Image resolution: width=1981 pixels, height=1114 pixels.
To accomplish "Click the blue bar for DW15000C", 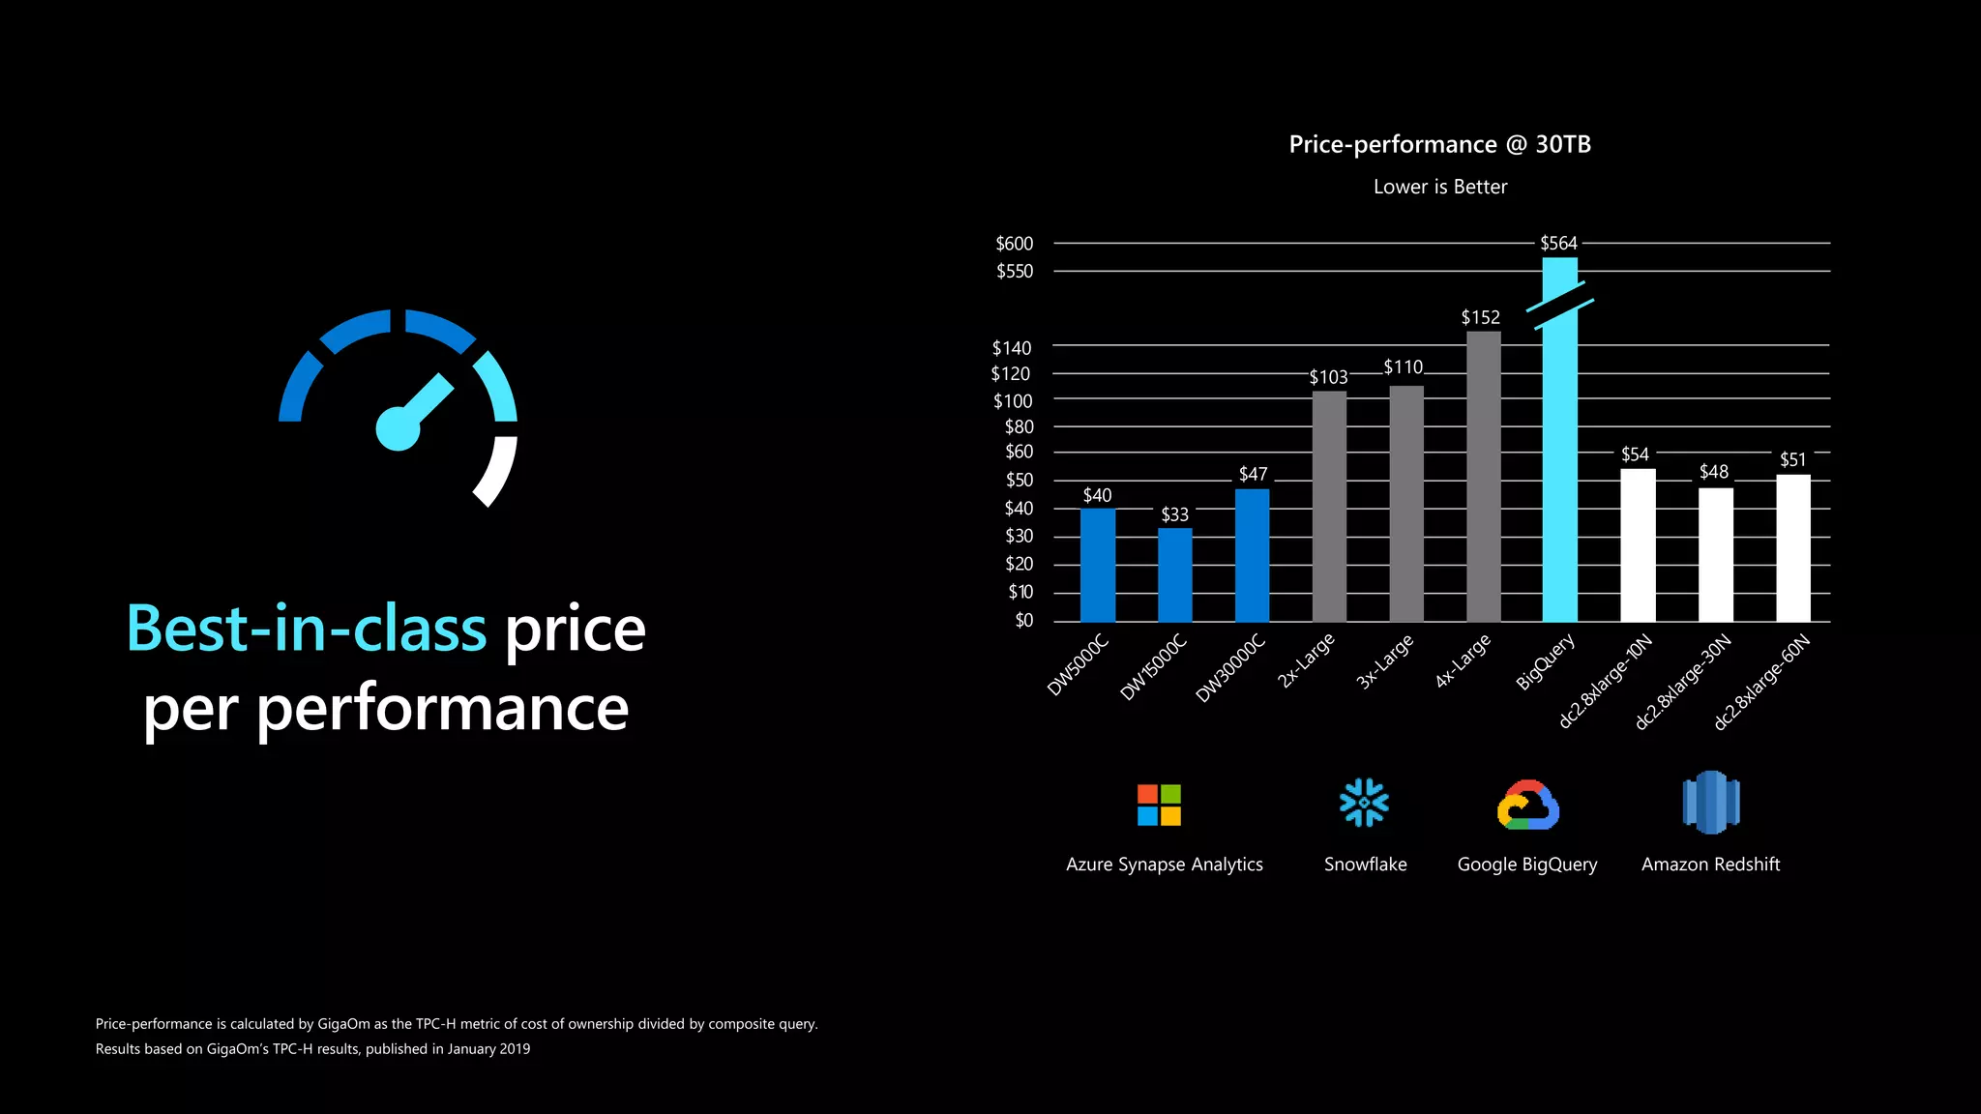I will tap(1175, 574).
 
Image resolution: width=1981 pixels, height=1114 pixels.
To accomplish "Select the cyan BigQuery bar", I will tap(1559, 464).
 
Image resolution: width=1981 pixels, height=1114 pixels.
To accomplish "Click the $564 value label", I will tap(1558, 243).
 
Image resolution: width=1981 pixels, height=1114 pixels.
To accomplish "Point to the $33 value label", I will tap(1174, 514).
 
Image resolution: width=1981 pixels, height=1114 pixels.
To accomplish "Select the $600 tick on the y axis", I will tap(1014, 244).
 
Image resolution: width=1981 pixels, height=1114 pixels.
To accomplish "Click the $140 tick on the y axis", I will tap(1012, 347).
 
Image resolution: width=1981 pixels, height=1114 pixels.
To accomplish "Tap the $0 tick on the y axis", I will tap(1023, 620).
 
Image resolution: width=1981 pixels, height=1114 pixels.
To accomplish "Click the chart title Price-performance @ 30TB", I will tap(1439, 144).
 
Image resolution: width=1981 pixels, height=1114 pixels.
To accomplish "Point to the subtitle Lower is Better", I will tap(1439, 187).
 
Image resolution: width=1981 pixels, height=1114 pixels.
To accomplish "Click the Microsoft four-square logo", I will tap(1159, 805).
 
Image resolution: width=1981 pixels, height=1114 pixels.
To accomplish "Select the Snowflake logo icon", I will tap(1364, 803).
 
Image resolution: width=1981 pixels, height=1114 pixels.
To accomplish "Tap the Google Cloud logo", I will tap(1527, 806).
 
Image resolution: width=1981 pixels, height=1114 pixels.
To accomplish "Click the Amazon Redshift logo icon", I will tap(1710, 803).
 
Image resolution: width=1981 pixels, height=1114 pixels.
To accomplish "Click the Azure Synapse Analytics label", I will tap(1164, 865).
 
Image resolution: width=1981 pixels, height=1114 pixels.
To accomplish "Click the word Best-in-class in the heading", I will tap(306, 629).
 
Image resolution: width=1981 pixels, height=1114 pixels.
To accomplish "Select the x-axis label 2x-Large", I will tap(1306, 660).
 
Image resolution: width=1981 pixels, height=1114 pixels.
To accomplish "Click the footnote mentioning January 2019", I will tap(312, 1049).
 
